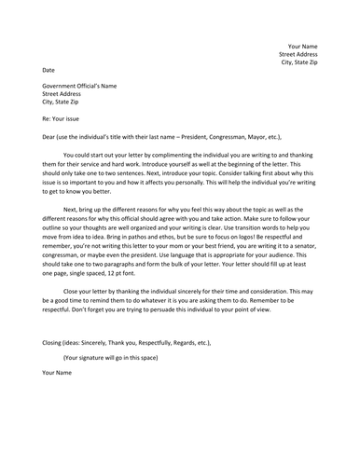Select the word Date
[48, 70]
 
